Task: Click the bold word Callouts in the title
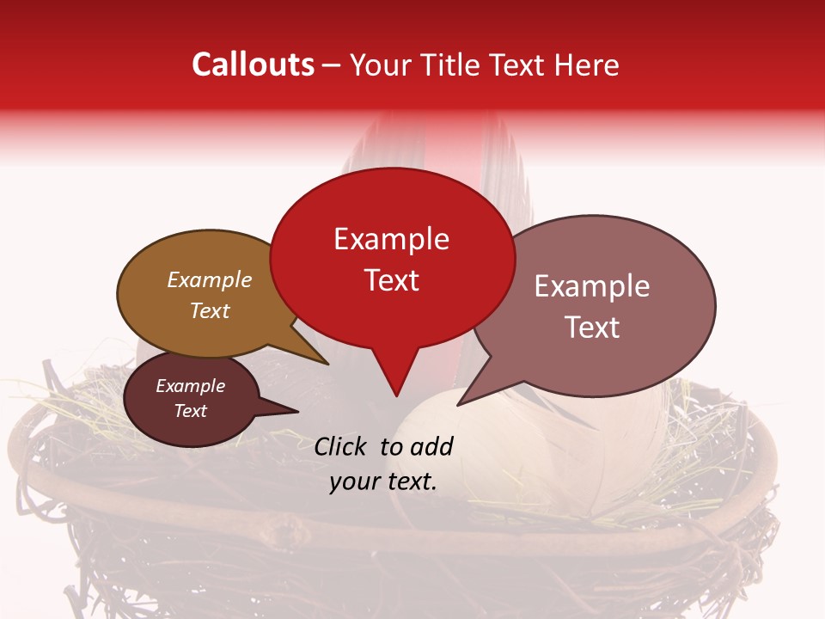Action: click(253, 64)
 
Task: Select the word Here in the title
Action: click(586, 64)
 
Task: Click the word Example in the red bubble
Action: click(391, 239)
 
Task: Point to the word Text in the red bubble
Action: click(392, 279)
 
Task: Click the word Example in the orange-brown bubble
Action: click(210, 279)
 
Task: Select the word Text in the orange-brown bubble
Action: click(210, 310)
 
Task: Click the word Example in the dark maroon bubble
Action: click(191, 386)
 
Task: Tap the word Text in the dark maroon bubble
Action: click(191, 411)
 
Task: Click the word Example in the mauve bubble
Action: click(592, 286)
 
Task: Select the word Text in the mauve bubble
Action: click(592, 327)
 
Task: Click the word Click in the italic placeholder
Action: click(341, 446)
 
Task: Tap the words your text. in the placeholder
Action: click(383, 482)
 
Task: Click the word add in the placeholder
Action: click(431, 446)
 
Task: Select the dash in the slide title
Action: click(332, 64)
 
